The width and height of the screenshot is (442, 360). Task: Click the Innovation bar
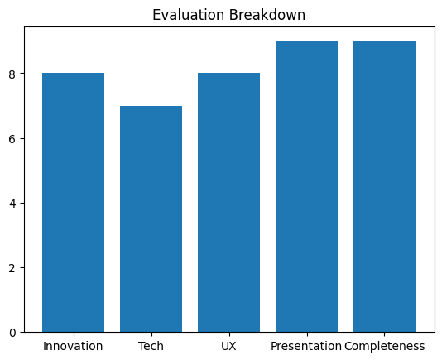coord(74,203)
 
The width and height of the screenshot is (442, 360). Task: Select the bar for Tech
coord(151,219)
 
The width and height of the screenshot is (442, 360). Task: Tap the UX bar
coord(229,203)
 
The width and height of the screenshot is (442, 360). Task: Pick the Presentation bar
coord(307,186)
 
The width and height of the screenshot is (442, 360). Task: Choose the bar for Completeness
coord(385,186)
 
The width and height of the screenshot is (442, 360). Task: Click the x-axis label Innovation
coord(73,346)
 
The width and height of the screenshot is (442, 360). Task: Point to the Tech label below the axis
coord(151,346)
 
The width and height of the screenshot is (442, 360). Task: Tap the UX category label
coord(228,346)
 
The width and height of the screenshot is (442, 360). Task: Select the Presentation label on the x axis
coord(306,346)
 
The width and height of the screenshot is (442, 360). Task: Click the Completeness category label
coord(385,346)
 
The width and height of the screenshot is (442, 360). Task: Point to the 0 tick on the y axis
coord(12,333)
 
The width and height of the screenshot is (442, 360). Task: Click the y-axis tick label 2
coord(12,268)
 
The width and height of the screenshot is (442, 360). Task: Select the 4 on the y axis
coord(12,204)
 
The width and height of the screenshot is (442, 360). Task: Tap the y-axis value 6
coord(12,139)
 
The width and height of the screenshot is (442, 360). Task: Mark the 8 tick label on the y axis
coord(12,74)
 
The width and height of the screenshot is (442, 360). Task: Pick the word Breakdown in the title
coord(267,15)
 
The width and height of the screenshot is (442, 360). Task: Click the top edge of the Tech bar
coord(151,106)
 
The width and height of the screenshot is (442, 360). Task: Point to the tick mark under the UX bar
coord(229,334)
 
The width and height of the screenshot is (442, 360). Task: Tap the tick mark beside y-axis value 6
coord(22,138)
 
